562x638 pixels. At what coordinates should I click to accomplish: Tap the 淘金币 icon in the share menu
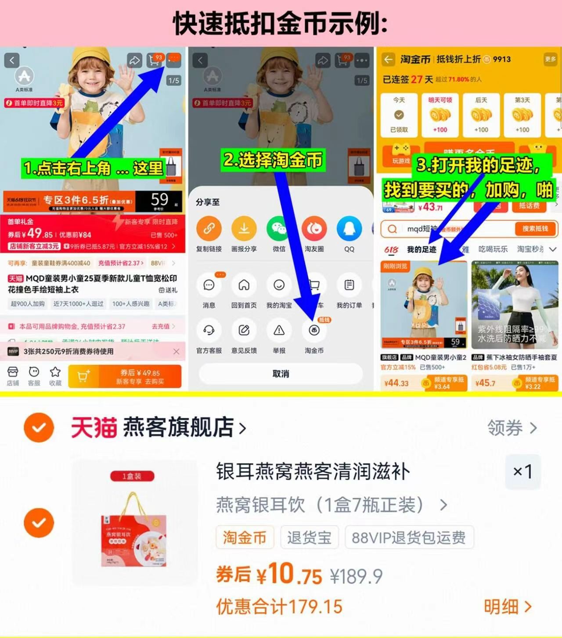pyautogui.click(x=314, y=331)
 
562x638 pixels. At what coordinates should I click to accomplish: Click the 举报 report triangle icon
pyautogui.click(x=279, y=331)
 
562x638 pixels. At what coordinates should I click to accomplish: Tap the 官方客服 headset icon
pyautogui.click(x=209, y=331)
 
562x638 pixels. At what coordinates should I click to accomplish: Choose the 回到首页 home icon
pyautogui.click(x=244, y=285)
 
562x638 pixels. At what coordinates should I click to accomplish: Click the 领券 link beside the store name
pyautogui.click(x=512, y=428)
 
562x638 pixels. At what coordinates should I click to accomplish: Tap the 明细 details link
pyautogui.click(x=508, y=607)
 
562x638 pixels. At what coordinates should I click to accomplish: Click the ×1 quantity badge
pyautogui.click(x=522, y=472)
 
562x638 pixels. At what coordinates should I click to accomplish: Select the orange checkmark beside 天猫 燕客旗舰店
pyautogui.click(x=39, y=427)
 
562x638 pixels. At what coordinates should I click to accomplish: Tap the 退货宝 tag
pyautogui.click(x=309, y=537)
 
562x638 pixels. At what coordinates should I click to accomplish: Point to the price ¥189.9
pyautogui.click(x=356, y=576)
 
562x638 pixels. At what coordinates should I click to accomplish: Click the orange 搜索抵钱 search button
pyautogui.click(x=535, y=229)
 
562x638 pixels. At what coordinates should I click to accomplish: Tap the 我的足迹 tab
pyautogui.click(x=421, y=249)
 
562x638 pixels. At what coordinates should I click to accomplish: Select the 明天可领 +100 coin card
pyautogui.click(x=440, y=115)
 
